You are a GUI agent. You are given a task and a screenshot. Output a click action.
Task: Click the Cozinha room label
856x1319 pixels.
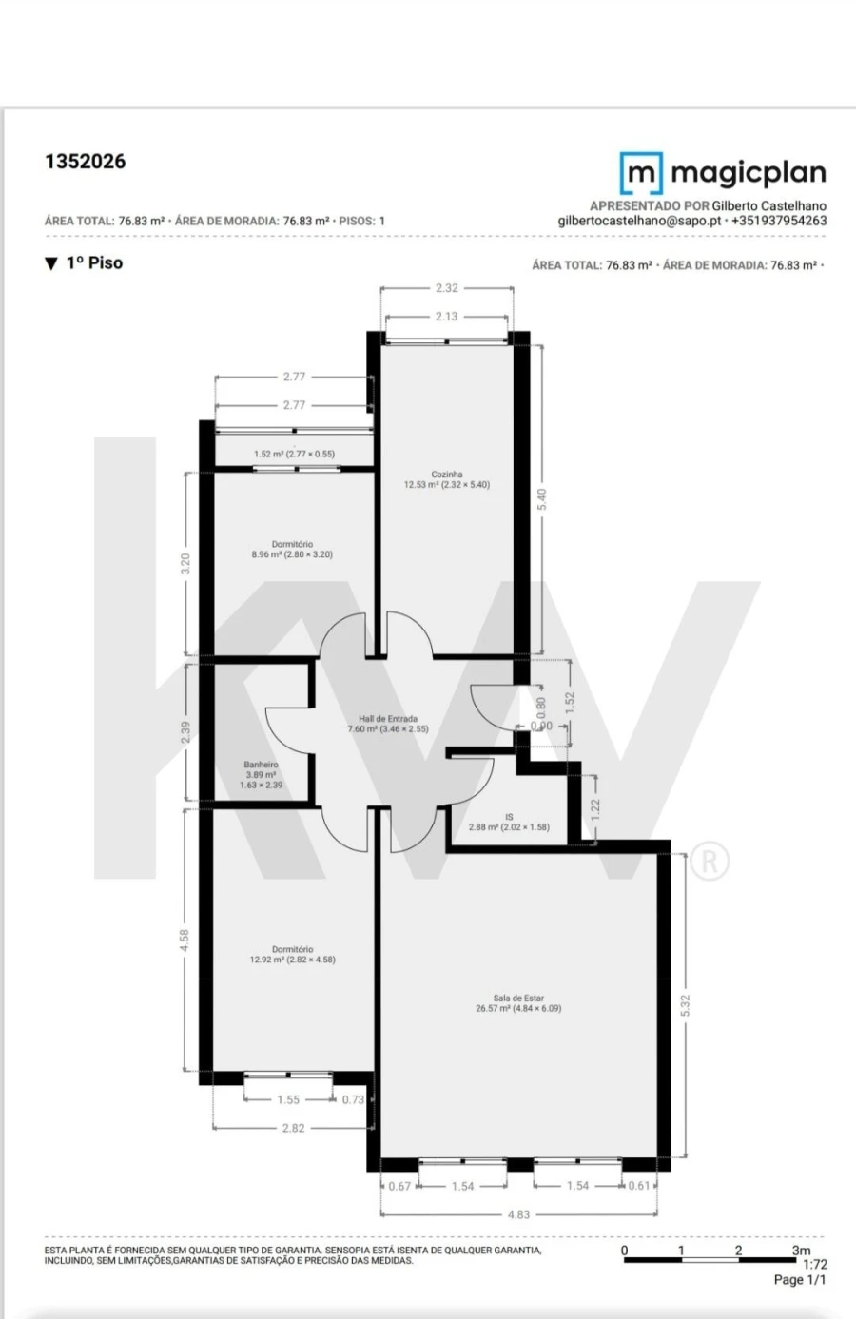coord(447,474)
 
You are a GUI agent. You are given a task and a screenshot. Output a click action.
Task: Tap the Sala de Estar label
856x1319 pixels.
coord(518,999)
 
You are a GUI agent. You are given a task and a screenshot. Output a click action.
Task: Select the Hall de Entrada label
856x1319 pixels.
coord(388,719)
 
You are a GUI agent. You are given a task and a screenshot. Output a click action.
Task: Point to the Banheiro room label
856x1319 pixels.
coord(261,765)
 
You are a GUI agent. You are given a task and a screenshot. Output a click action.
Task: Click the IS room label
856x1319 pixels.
coord(509,817)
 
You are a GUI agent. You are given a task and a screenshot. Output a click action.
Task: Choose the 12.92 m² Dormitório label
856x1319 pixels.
coord(292,949)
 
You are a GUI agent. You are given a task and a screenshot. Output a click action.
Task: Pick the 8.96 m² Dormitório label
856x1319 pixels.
coord(292,545)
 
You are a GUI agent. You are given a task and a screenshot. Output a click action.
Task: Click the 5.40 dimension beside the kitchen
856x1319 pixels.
coord(542,498)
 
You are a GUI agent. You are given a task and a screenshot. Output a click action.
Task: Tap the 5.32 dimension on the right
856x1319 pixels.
coord(685,1006)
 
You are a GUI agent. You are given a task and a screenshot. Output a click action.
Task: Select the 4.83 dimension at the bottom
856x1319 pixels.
coord(518,1214)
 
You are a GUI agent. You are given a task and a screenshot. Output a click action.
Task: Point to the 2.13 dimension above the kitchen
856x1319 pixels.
coord(446,317)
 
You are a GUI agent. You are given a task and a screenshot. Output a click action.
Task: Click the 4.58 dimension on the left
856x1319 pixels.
coord(185,940)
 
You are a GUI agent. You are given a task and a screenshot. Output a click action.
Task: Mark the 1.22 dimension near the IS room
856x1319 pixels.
coord(595,808)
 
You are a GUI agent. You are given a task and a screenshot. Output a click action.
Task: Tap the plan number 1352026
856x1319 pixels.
coord(85,162)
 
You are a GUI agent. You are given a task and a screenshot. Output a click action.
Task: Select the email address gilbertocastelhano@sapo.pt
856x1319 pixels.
coord(639,221)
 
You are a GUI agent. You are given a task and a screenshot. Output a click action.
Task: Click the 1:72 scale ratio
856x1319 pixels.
coord(815,1265)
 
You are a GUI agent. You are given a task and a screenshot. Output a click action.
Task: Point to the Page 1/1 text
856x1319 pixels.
coord(800,1280)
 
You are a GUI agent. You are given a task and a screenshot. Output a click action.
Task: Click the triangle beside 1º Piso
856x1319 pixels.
coord(51,263)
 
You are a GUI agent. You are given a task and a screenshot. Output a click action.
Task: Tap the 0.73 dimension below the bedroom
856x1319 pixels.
coord(353,1099)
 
